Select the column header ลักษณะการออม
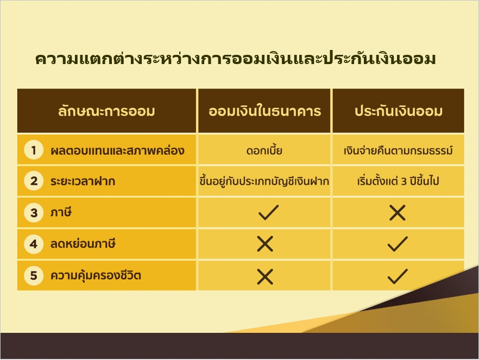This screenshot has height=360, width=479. coord(106,111)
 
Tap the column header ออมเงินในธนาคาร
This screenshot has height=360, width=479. coord(264,111)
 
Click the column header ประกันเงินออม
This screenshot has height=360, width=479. coord(399,111)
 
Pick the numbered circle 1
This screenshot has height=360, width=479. coord(34,150)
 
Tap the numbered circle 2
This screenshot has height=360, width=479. coord(34,181)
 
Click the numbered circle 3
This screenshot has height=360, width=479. coord(34,212)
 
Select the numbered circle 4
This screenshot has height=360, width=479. coord(34,244)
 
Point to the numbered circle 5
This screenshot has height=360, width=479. coord(34,275)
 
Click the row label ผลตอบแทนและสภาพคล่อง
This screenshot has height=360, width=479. coord(117,150)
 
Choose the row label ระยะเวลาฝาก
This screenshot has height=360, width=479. coord(83,181)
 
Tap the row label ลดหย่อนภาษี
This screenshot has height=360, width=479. coord(83,244)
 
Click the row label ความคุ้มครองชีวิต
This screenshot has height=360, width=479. coord(96,275)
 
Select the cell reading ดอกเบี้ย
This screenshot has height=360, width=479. coord(264,150)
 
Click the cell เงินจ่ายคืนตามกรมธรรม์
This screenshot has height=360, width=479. coord(398,150)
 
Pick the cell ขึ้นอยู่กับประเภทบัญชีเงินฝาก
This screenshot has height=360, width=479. coord(264,181)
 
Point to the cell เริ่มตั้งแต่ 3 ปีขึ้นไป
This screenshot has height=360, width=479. coord(398,181)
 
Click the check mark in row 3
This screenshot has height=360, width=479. coord(268,212)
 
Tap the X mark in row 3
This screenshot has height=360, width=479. coord(398,212)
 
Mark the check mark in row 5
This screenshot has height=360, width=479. coord(398,276)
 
